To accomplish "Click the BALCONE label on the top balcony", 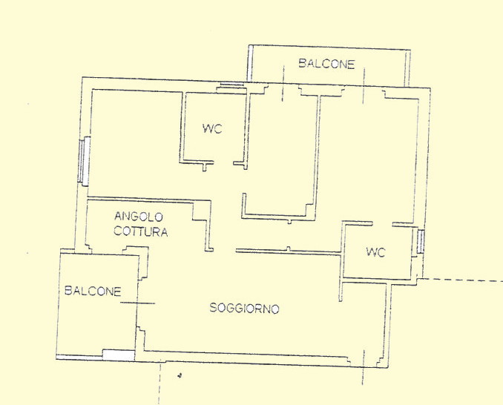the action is pyautogui.click(x=326, y=64).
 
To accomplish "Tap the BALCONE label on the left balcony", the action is pyautogui.click(x=93, y=291).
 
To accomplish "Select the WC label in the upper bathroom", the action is pyautogui.click(x=212, y=129).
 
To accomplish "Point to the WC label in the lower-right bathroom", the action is pyautogui.click(x=375, y=252).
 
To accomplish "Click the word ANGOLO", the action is pyautogui.click(x=139, y=217).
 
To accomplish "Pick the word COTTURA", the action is pyautogui.click(x=140, y=231).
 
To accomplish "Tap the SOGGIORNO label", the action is pyautogui.click(x=244, y=308).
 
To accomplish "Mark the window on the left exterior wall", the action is pyautogui.click(x=84, y=161).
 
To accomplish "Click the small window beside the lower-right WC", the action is pyautogui.click(x=421, y=241).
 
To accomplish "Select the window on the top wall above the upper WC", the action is pyautogui.click(x=231, y=85).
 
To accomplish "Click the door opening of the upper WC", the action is pyautogui.click(x=223, y=162).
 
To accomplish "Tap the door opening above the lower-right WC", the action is pyautogui.click(x=382, y=223).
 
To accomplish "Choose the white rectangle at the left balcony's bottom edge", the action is pyautogui.click(x=119, y=355).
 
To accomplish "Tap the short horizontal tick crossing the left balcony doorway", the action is pyautogui.click(x=137, y=303).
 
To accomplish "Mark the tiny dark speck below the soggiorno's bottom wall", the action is pyautogui.click(x=180, y=375).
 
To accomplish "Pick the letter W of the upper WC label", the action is pyautogui.click(x=208, y=129).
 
